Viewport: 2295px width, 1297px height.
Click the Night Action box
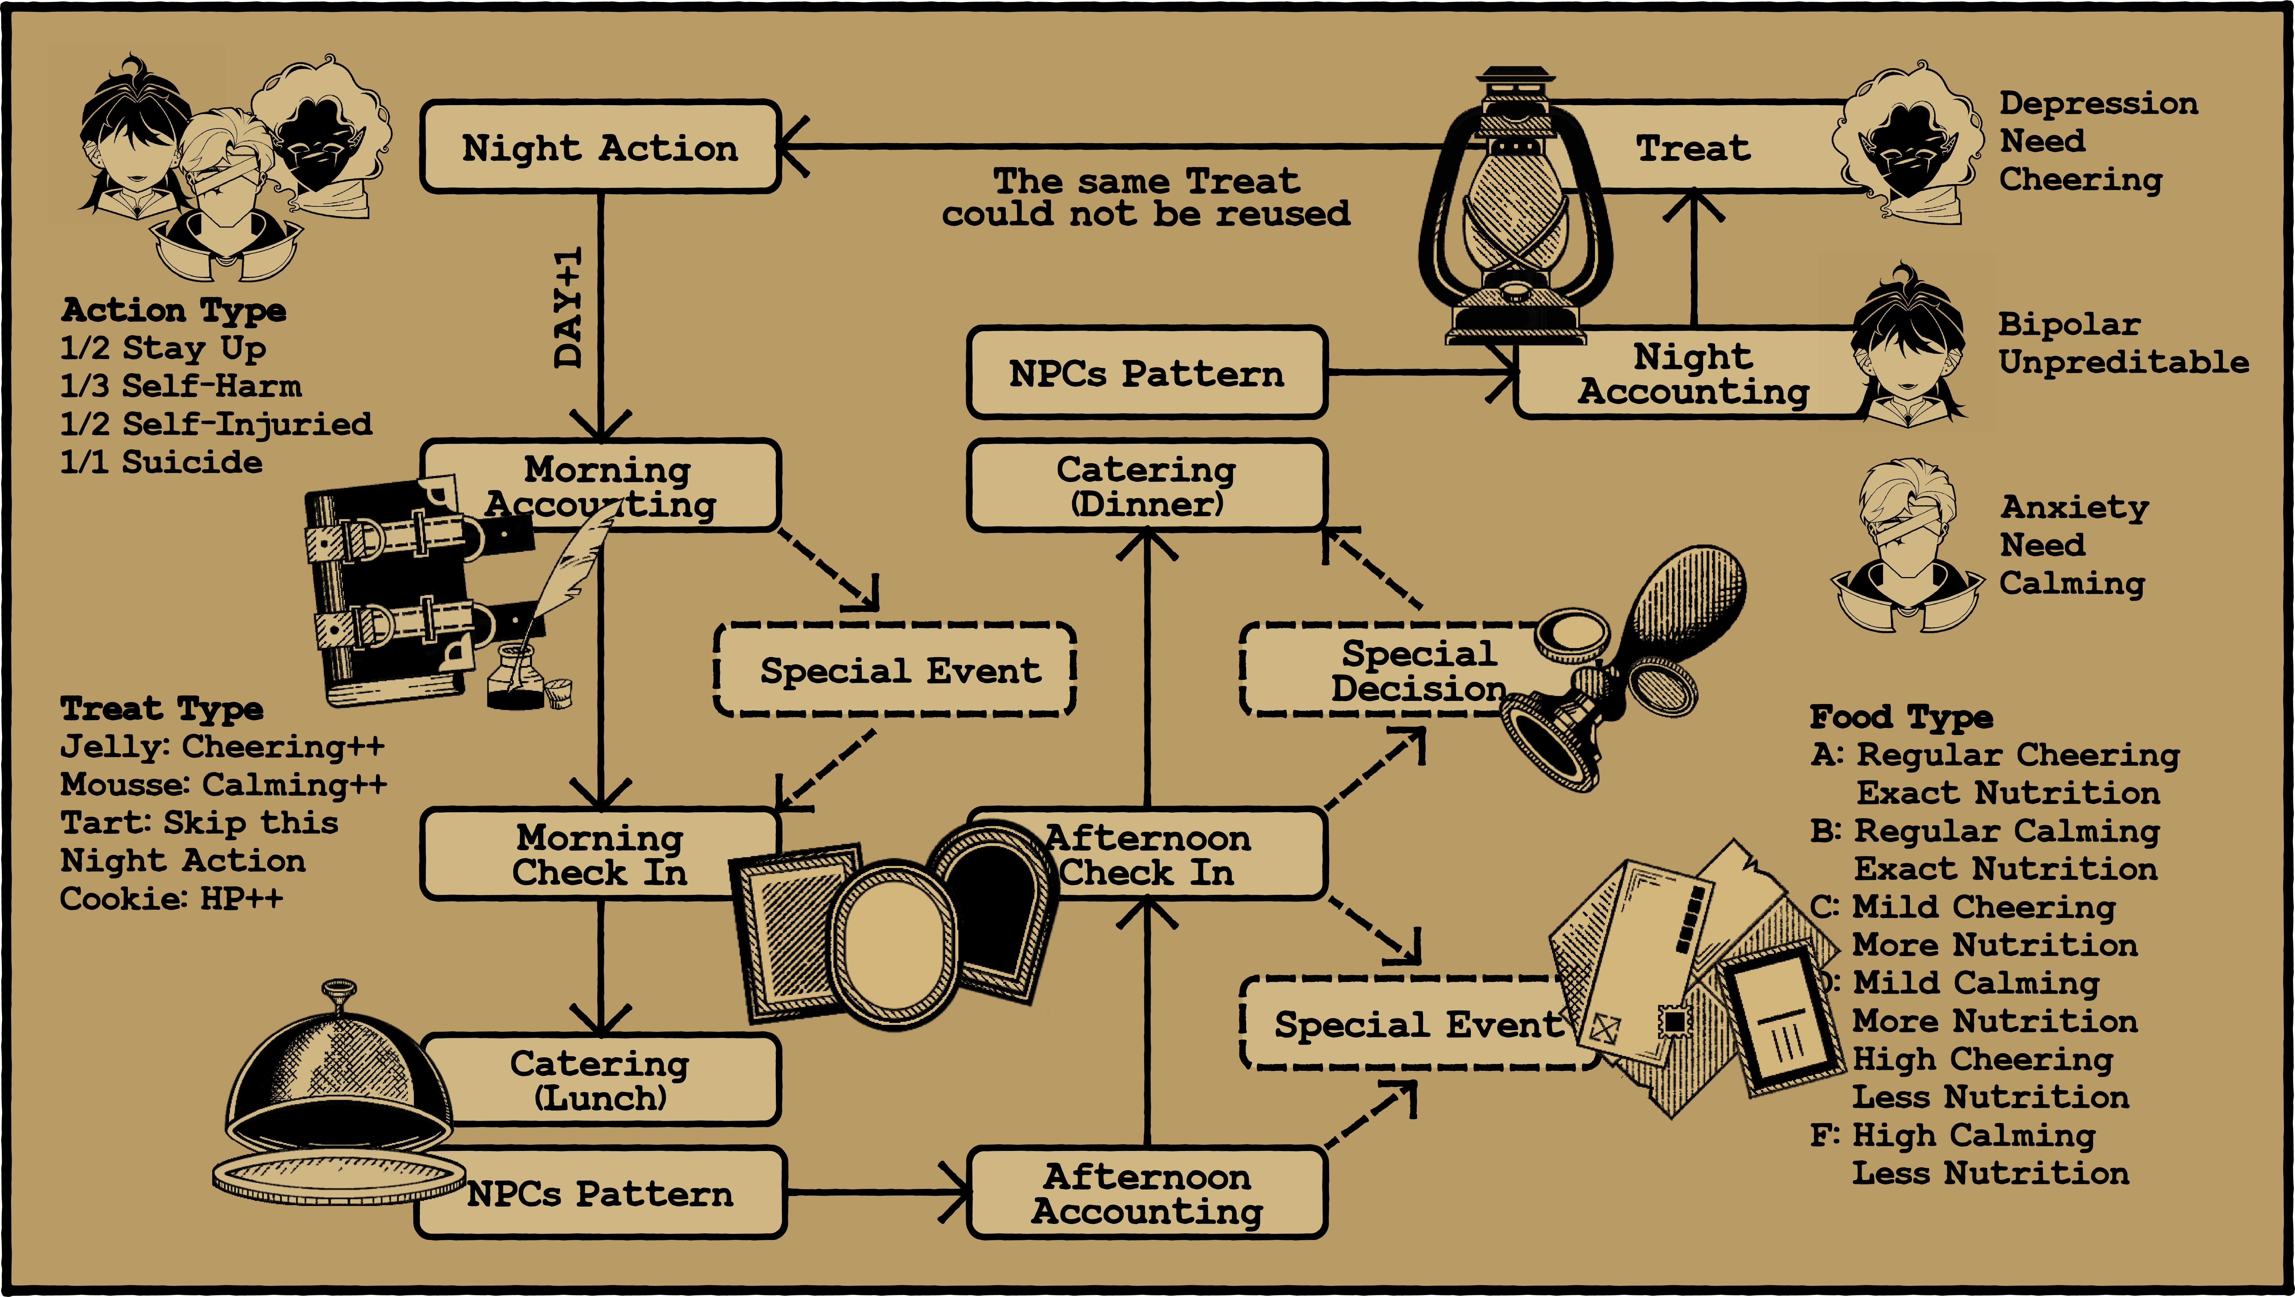(x=600, y=147)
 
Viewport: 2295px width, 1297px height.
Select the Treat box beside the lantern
(x=1693, y=147)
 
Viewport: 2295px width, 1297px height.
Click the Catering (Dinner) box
(x=1147, y=485)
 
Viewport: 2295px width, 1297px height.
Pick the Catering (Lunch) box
(x=600, y=1080)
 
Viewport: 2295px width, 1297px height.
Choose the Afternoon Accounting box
(x=1147, y=1194)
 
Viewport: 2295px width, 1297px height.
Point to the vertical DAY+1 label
(x=568, y=307)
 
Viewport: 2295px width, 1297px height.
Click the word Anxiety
(x=2074, y=507)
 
